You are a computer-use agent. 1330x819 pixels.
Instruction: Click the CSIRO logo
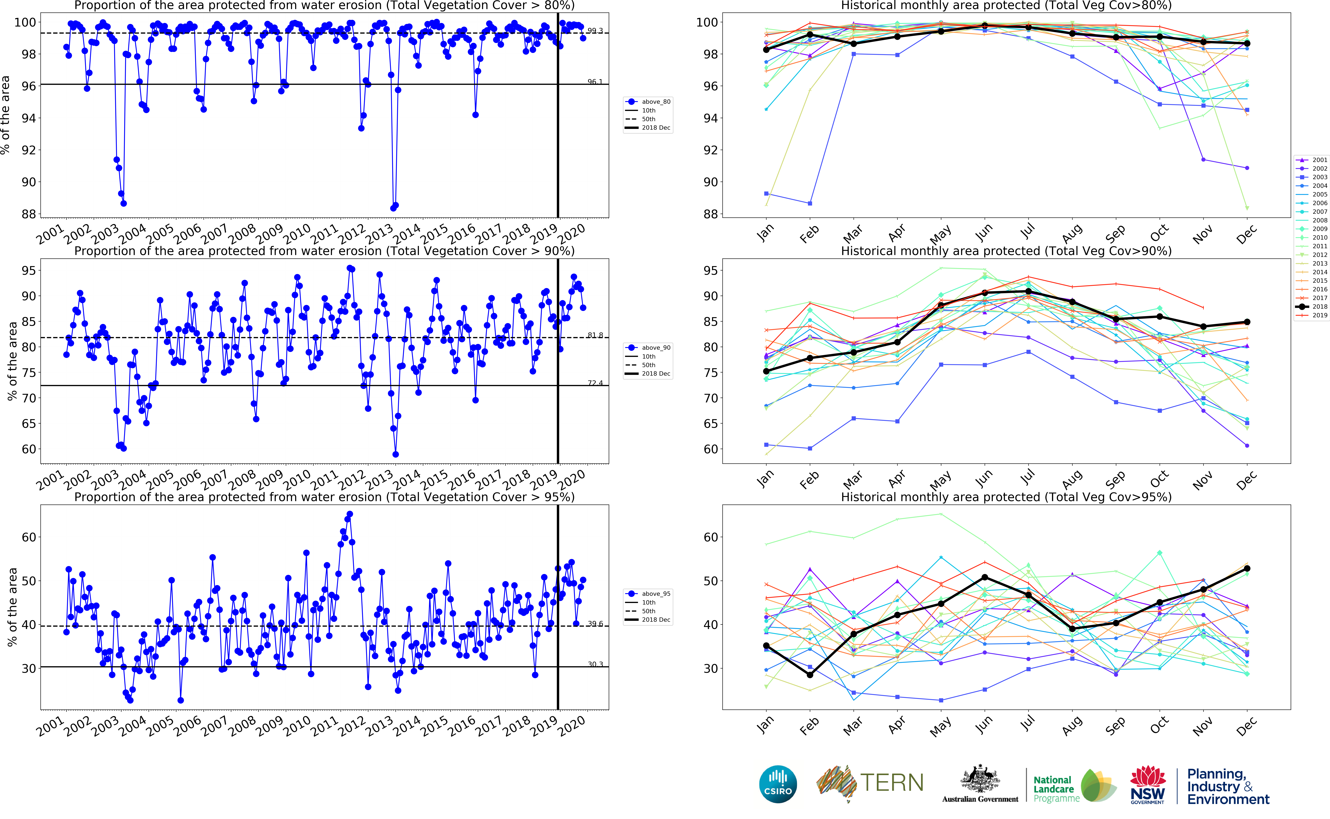(778, 784)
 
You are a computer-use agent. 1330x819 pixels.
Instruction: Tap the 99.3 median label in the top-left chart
(595, 31)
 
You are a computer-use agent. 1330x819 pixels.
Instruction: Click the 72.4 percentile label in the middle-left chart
(595, 383)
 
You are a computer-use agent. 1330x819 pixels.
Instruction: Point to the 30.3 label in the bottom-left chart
(595, 664)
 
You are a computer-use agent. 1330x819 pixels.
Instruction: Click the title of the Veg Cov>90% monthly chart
(1006, 251)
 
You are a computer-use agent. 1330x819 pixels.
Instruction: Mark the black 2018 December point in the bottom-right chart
(1247, 569)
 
